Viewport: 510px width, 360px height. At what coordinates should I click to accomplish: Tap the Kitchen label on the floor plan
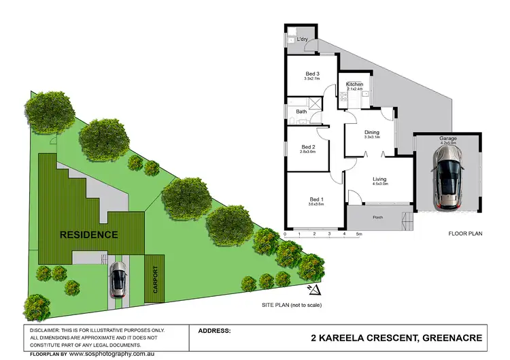click(355, 84)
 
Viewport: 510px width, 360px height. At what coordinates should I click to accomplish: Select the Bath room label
click(301, 111)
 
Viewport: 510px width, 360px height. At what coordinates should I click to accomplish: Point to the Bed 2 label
click(308, 146)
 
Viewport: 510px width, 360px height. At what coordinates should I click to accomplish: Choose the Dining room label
click(371, 133)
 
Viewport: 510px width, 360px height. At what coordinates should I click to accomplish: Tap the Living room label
click(379, 179)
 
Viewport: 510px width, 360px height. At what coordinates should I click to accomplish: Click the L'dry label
click(303, 39)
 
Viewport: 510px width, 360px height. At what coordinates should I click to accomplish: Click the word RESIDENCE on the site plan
click(89, 235)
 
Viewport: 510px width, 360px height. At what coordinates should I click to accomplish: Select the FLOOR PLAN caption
click(464, 233)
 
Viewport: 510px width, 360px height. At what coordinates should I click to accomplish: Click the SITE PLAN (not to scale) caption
click(291, 306)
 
